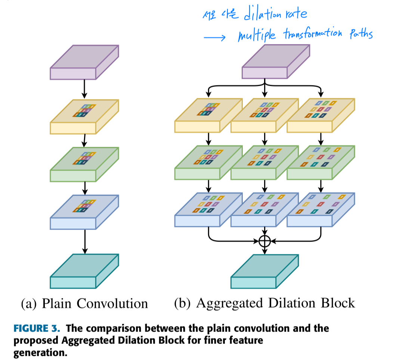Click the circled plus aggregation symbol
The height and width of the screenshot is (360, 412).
pyautogui.click(x=264, y=241)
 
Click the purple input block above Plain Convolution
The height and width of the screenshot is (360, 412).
pyautogui.click(x=84, y=62)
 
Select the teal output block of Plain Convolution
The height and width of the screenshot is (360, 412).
pyautogui.click(x=84, y=271)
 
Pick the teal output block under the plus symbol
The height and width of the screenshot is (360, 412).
pyautogui.click(x=265, y=271)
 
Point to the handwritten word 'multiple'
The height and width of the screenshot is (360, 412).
pyautogui.click(x=257, y=35)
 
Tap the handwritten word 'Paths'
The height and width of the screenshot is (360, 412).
pyautogui.click(x=360, y=34)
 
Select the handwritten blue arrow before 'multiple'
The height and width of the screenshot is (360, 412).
pyautogui.click(x=215, y=38)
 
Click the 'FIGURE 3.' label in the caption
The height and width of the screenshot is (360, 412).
pyautogui.click(x=37, y=329)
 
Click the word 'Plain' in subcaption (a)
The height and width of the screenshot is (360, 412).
pyautogui.click(x=56, y=303)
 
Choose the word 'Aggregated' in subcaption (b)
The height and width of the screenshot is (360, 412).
pyautogui.click(x=230, y=303)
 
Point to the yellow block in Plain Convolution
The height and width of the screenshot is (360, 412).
pyautogui.click(x=84, y=117)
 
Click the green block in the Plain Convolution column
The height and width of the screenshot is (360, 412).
pyautogui.click(x=84, y=164)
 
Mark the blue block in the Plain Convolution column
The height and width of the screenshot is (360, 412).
pyautogui.click(x=84, y=212)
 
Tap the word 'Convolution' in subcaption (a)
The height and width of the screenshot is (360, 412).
pyautogui.click(x=112, y=303)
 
